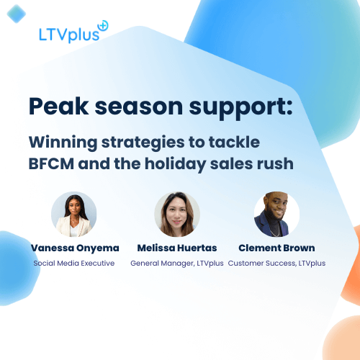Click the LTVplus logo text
click(68, 34)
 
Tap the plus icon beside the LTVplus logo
click(102, 26)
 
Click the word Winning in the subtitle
click(62, 141)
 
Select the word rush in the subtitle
click(274, 163)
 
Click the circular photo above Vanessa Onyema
click(73, 215)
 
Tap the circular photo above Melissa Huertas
click(176, 215)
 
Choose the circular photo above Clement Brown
click(276, 215)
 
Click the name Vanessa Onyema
click(73, 248)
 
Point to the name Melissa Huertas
click(176, 248)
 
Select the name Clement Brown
click(276, 248)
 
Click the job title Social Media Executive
click(73, 264)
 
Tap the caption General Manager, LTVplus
click(176, 264)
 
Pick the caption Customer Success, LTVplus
click(276, 264)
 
